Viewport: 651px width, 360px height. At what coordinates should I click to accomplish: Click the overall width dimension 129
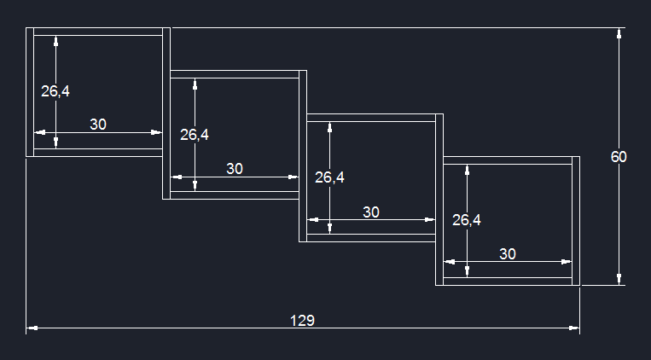tap(302, 321)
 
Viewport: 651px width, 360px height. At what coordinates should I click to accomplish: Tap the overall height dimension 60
tap(619, 157)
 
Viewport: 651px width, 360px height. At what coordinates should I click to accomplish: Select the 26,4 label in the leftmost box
tap(55, 91)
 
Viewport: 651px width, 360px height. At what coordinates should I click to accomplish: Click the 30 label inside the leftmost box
tap(98, 125)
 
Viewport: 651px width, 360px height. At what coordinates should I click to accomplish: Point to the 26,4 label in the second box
tap(195, 135)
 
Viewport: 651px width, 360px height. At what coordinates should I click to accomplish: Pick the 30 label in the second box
tap(235, 169)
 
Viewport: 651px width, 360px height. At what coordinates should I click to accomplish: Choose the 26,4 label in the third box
tap(329, 177)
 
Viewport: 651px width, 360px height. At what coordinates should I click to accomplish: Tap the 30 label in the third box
tap(371, 212)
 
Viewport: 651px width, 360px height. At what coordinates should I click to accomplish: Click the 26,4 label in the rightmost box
tap(466, 220)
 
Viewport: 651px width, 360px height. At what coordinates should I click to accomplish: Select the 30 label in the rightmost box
tap(508, 254)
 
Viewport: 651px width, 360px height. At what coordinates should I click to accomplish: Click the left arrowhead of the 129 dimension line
tap(32, 327)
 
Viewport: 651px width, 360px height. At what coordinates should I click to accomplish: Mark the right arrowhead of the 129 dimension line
tap(574, 327)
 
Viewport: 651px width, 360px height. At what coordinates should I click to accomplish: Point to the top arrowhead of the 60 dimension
tap(619, 33)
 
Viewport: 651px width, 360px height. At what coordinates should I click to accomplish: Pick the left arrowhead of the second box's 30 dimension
tap(177, 177)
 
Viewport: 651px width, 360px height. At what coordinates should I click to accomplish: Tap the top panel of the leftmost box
tap(97, 32)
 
